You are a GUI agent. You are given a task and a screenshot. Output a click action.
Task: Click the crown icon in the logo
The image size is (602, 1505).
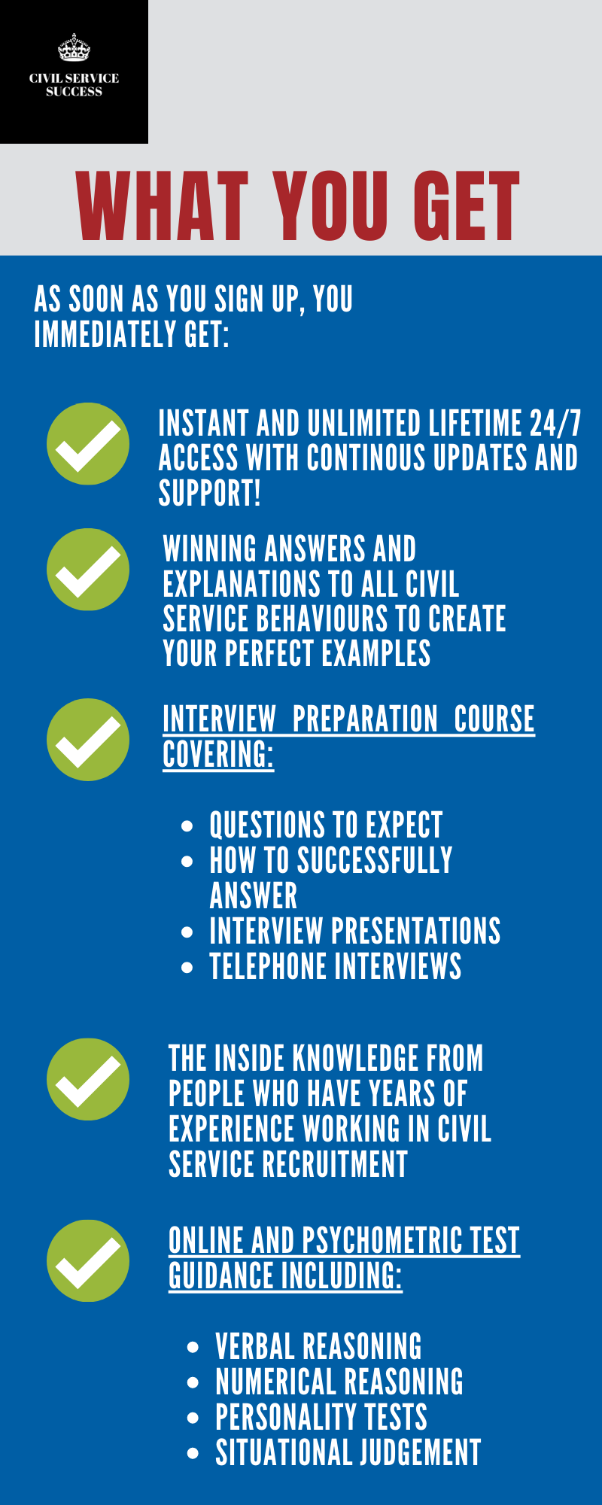(x=74, y=47)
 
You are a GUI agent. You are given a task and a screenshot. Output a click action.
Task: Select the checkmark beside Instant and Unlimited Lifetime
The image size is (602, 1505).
(x=88, y=444)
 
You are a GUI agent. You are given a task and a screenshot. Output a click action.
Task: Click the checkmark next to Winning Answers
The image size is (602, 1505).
(x=88, y=570)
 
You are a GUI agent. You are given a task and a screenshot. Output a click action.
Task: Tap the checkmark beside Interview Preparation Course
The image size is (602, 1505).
(x=88, y=740)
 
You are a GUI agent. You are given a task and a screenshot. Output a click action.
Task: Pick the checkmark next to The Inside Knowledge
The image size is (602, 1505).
(x=88, y=1079)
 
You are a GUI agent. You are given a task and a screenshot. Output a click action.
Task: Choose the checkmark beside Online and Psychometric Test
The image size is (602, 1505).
(x=88, y=1260)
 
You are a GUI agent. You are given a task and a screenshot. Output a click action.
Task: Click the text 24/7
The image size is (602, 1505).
(x=555, y=424)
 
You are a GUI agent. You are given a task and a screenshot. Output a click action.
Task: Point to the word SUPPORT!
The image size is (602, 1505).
(x=209, y=493)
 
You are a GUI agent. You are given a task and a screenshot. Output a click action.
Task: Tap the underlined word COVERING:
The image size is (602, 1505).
(x=218, y=754)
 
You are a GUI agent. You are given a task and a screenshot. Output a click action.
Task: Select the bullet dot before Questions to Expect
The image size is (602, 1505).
(x=187, y=825)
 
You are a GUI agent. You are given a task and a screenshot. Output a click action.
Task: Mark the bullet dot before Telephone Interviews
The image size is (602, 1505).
(x=187, y=967)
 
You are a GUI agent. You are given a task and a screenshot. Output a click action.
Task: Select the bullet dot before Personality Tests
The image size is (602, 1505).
(x=193, y=1418)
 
